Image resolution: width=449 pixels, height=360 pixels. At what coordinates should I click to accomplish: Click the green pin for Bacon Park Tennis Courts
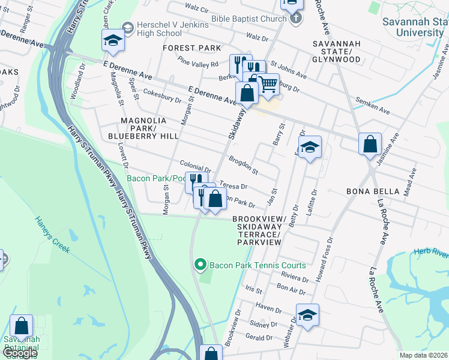point(201,265)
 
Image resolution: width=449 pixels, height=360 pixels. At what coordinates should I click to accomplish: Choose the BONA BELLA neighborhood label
point(372,191)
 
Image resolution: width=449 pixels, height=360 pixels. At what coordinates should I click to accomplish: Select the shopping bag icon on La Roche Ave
point(370,144)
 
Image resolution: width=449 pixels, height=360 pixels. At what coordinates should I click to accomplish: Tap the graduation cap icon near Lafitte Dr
point(309,147)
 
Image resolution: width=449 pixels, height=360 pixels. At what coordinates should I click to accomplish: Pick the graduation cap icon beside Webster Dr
point(307,315)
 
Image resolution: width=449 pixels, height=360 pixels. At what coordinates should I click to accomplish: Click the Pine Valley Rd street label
point(198,62)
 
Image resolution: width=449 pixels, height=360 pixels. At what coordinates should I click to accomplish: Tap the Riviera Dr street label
point(295,277)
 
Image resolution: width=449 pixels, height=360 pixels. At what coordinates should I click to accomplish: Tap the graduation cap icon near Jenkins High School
point(112,41)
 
